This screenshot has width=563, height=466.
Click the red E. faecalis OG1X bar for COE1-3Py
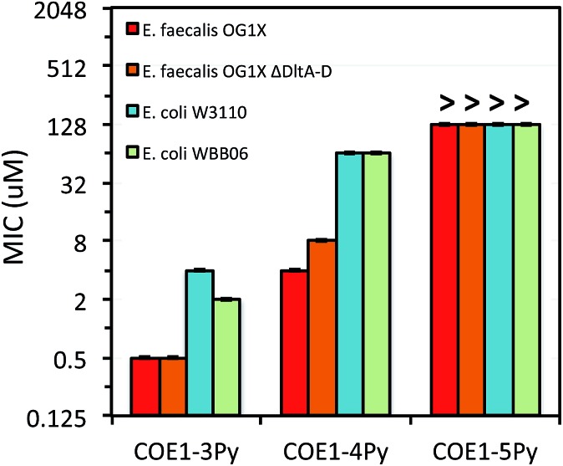click(x=145, y=386)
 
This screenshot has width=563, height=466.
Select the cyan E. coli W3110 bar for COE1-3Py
click(x=200, y=342)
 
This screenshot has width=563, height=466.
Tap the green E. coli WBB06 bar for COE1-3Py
click(x=227, y=356)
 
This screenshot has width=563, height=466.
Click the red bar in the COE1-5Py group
click(x=444, y=269)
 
